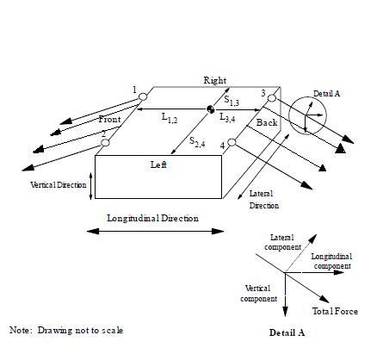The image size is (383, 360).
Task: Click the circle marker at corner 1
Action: click(x=143, y=96)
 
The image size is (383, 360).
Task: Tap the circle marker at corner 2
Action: click(x=105, y=142)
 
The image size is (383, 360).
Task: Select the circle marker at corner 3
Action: click(x=272, y=98)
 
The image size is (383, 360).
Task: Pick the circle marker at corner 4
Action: click(x=232, y=142)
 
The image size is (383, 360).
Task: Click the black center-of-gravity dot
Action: click(x=211, y=109)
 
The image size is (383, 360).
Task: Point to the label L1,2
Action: click(x=170, y=118)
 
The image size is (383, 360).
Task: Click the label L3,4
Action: click(x=227, y=117)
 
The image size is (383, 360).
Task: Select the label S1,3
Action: click(x=232, y=101)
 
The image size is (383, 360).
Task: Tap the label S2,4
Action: click(x=197, y=142)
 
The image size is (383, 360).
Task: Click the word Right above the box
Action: click(x=215, y=80)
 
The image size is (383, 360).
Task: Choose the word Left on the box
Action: click(x=158, y=164)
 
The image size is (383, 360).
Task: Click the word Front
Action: click(x=109, y=119)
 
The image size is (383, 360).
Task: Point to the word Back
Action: click(x=267, y=122)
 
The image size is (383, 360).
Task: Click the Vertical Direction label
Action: click(x=59, y=184)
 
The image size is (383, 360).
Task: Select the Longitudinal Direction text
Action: click(x=152, y=218)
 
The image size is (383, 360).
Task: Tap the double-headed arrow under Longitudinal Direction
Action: click(x=155, y=231)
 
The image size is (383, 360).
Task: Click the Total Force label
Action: click(x=335, y=312)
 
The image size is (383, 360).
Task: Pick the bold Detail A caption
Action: click(x=287, y=332)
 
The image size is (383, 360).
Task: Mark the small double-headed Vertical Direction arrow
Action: click(x=91, y=186)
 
